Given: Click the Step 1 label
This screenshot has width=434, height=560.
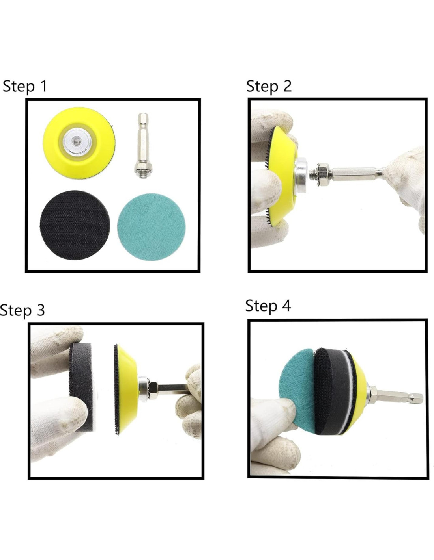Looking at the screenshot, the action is pos(25,86).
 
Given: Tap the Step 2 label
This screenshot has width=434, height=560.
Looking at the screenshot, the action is pos(269,86).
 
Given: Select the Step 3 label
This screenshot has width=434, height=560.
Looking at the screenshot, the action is pos(22,310).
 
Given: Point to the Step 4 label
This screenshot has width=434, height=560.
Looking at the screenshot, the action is pos(268,306).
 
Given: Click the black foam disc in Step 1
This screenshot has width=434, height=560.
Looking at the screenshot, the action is pos(75,225).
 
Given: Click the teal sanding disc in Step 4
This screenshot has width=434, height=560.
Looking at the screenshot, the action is pos(297,389).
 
